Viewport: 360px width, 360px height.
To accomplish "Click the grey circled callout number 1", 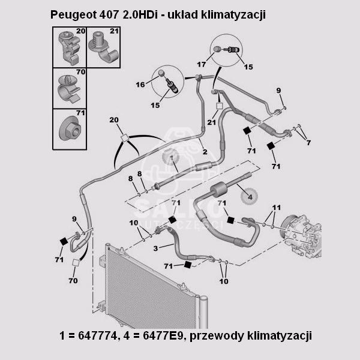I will [x=170, y=158].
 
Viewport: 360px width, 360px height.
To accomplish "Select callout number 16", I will [x=140, y=85].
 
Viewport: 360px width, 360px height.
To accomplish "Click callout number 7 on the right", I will [x=308, y=142].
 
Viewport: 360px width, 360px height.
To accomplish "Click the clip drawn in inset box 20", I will [x=68, y=48].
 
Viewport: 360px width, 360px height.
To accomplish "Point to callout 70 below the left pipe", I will [x=74, y=280].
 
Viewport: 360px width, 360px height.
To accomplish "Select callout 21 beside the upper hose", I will [x=211, y=122].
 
